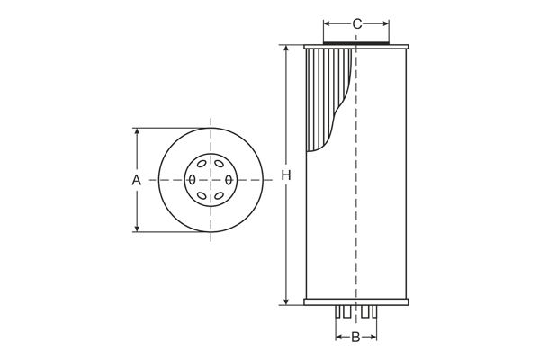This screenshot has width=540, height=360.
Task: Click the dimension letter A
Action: (137, 180)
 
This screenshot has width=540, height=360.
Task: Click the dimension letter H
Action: (286, 175)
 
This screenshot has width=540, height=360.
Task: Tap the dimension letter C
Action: (357, 23)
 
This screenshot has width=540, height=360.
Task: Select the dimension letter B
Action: (355, 337)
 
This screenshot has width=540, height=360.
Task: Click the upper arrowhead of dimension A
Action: (137, 132)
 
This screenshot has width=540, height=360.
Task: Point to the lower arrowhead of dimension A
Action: (137, 228)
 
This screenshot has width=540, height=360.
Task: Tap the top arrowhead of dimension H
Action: (286, 49)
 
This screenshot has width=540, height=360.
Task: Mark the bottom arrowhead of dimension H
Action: (286, 301)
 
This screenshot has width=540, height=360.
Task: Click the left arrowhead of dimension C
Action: (328, 23)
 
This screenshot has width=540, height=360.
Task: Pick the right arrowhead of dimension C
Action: (384, 23)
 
